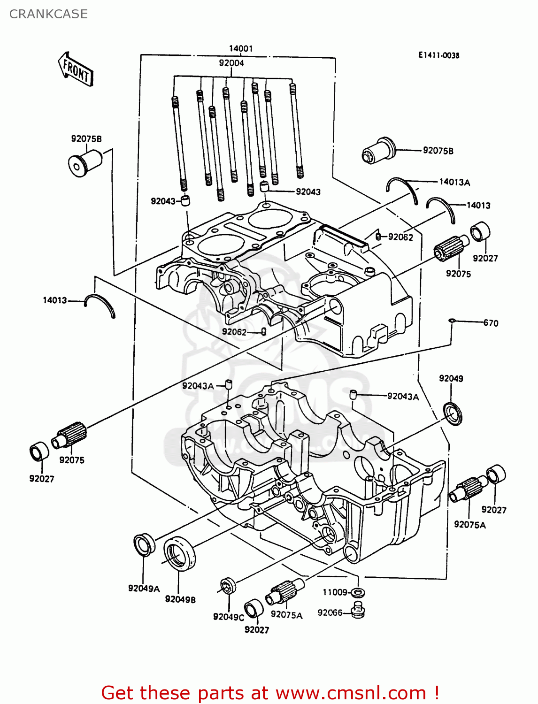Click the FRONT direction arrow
pos(75,69)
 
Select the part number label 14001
pos(241,49)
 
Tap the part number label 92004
pos(231,63)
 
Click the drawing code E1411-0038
pos(439,55)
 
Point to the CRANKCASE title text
pos(48,14)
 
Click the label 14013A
pos(454,182)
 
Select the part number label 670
pos(491,323)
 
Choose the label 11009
pos(335,592)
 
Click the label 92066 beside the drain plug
pos(330,612)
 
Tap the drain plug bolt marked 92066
pos(359,610)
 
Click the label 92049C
pos(228,617)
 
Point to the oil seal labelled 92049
pos(453,413)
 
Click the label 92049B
pos(180,599)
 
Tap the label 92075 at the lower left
pos(72,460)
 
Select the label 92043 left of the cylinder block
pos(163,201)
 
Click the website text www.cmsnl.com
pos(351,693)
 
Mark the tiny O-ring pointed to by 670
pos(452,320)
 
